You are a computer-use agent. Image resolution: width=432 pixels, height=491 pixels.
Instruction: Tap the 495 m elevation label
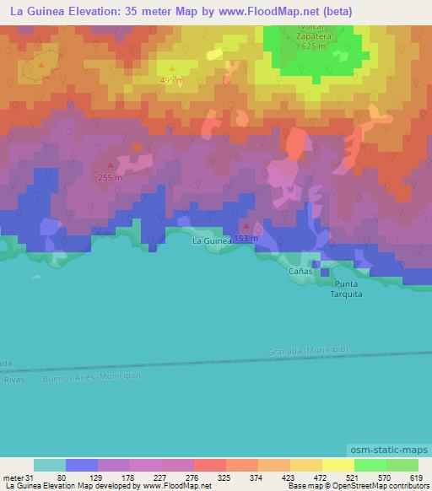[x=173, y=80]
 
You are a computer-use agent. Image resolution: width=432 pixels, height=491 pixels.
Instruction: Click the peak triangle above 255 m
[x=111, y=166]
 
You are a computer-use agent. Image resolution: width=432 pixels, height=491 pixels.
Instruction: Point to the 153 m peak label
[x=246, y=239]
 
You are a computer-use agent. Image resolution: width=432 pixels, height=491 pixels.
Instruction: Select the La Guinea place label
[x=211, y=241]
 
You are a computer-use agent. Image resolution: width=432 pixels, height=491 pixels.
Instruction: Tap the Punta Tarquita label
[x=346, y=289]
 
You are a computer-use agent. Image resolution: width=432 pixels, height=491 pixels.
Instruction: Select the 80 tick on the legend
[x=62, y=478]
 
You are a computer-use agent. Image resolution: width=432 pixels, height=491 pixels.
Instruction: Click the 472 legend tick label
[x=321, y=478]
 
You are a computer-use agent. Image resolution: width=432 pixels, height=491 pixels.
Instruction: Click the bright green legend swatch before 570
[x=370, y=466]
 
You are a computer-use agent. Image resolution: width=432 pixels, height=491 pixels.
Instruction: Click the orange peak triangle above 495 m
[x=173, y=68]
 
